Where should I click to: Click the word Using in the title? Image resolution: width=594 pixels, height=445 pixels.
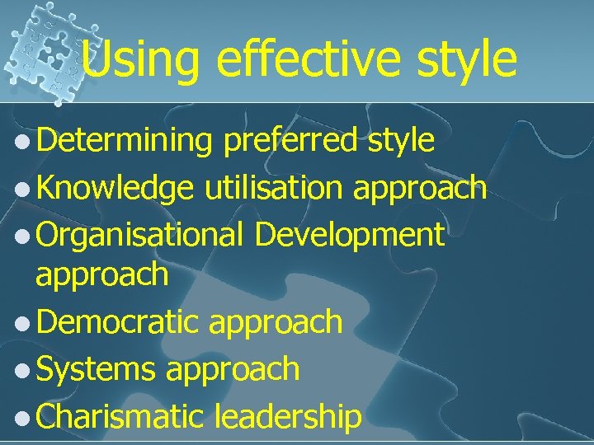[x=140, y=60]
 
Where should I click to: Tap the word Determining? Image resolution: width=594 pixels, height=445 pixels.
[x=125, y=142]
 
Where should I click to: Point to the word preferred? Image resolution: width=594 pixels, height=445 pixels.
[x=291, y=142]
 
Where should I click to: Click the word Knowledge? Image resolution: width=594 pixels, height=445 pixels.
[x=115, y=189]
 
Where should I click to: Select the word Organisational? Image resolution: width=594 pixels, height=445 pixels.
[x=139, y=235]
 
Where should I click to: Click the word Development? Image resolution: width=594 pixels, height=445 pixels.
[x=350, y=236]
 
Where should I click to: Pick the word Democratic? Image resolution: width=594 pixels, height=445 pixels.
[x=118, y=321]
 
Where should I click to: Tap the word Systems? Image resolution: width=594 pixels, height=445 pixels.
[x=96, y=368]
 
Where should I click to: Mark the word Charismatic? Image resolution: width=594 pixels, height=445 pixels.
[x=120, y=415]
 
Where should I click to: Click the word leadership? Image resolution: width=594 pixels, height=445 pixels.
[x=287, y=416]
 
